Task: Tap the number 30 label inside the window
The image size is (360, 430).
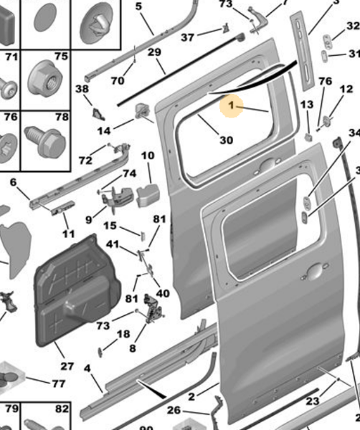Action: coord(226,140)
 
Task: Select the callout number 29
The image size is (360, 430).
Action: coord(154,52)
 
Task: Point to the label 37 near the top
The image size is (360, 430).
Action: coord(187,37)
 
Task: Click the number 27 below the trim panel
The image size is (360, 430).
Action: coord(67,366)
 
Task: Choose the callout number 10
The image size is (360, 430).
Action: coord(147,156)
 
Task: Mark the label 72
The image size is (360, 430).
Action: coord(85,160)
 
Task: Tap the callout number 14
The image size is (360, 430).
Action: coord(105,131)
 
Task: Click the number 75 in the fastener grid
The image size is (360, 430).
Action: coord(61,57)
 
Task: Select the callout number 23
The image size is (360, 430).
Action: coord(312,401)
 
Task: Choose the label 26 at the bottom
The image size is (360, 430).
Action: coord(174,411)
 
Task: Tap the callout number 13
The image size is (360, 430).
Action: coord(306,105)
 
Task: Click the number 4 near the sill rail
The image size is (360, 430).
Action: coord(87,369)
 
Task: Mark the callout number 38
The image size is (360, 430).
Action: coord(82,90)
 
